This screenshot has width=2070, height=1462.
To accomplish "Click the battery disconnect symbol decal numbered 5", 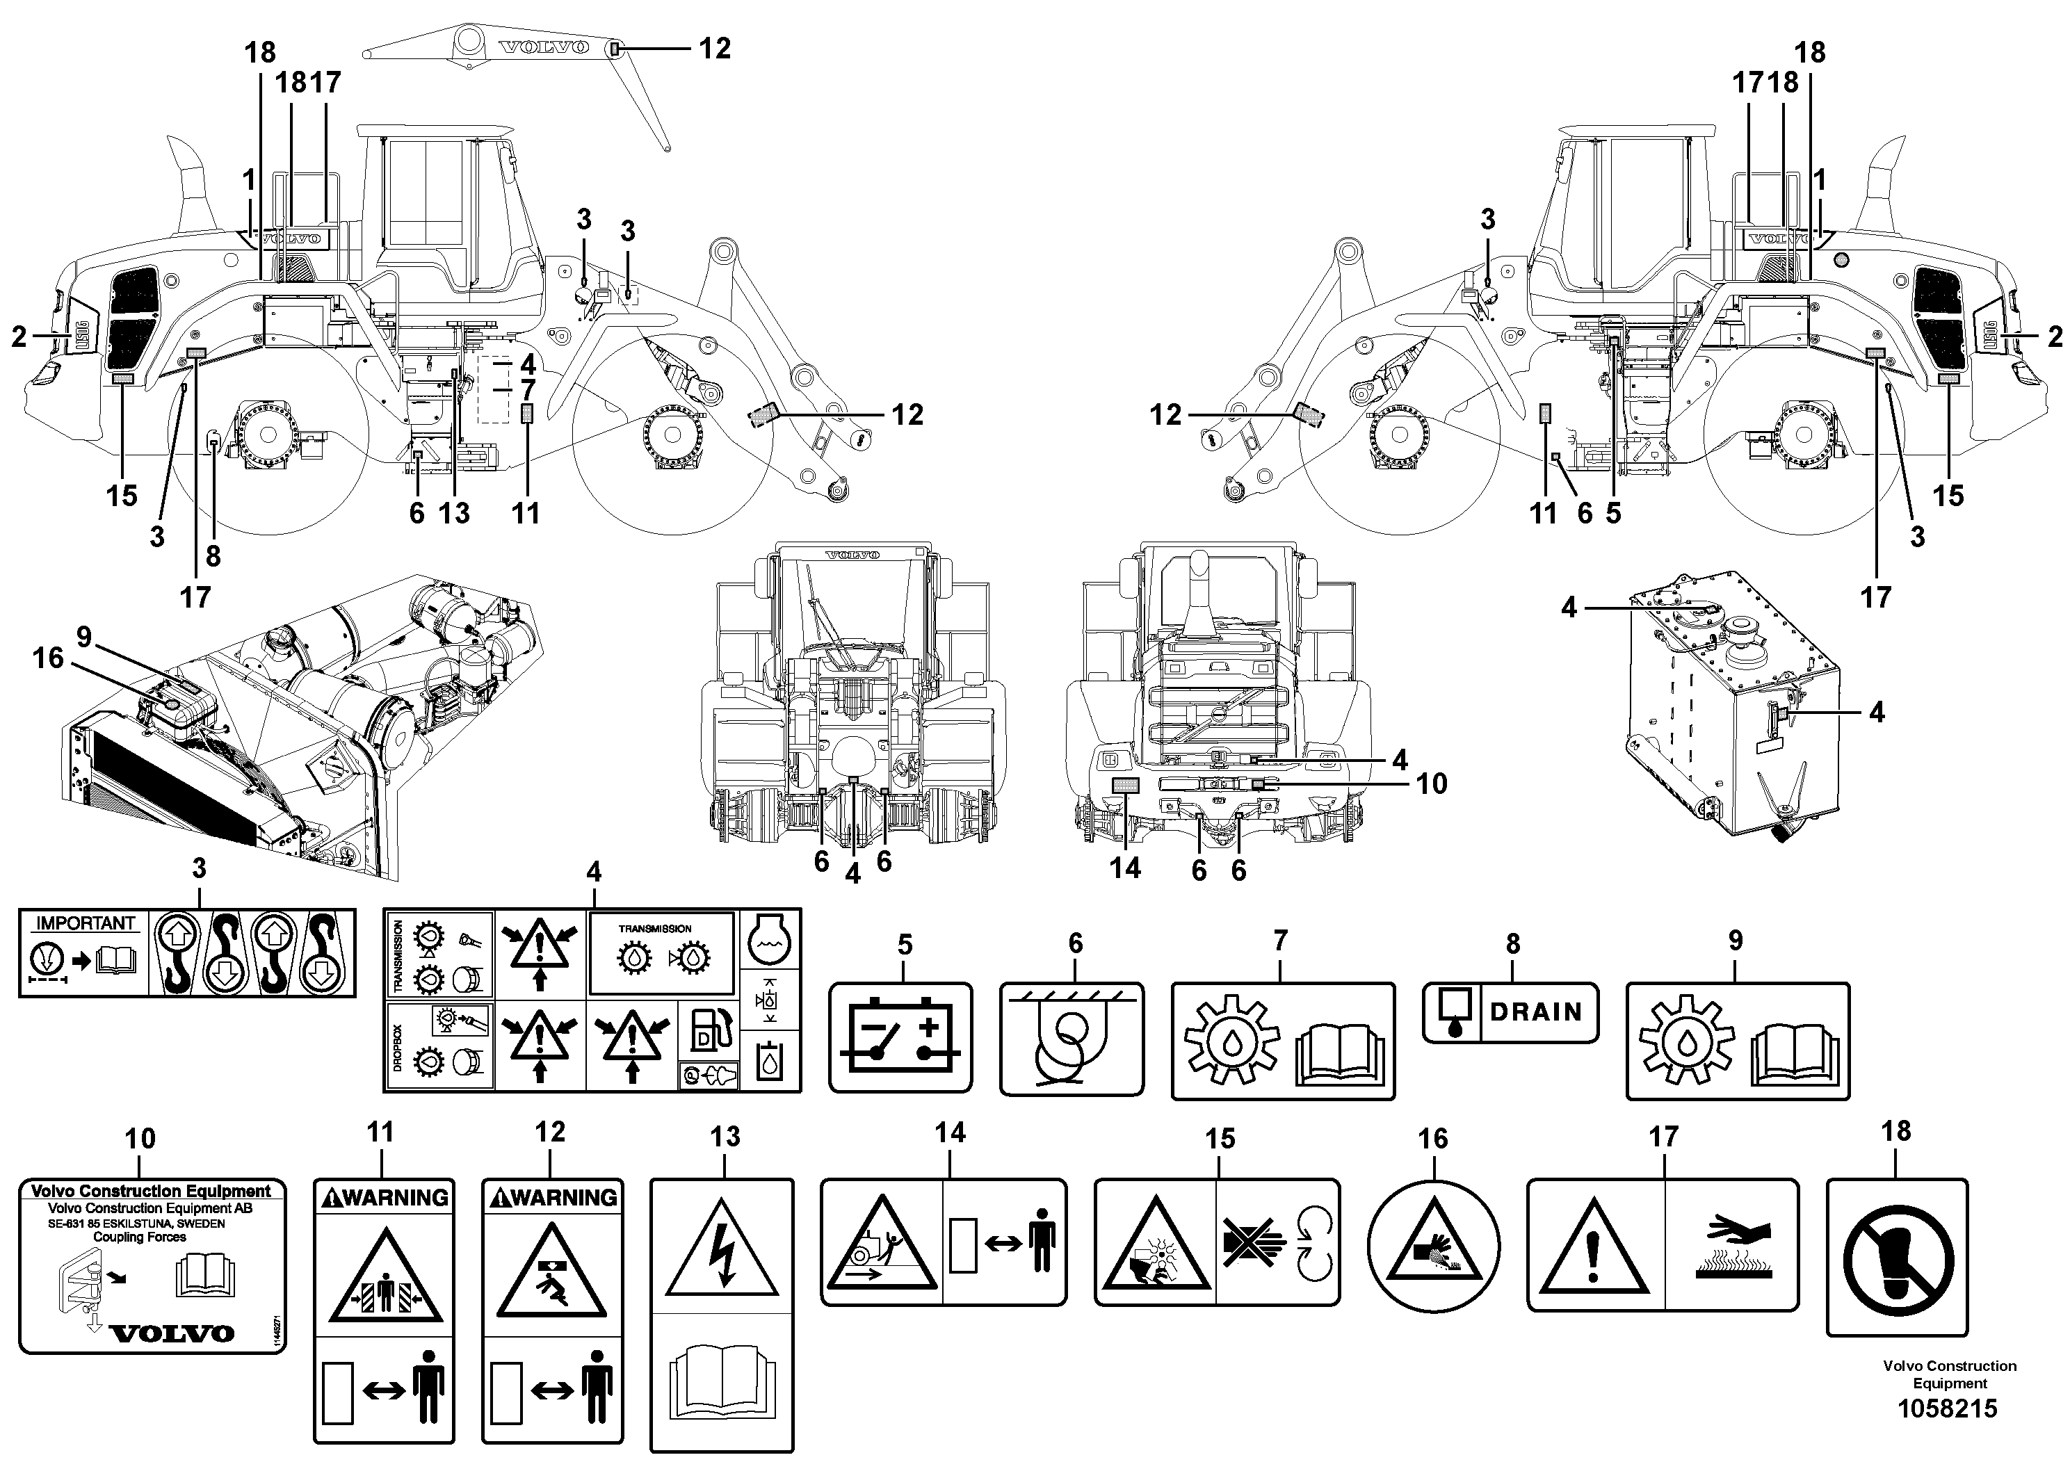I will coord(900,1037).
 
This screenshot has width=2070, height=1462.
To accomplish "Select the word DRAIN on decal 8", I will coord(1535,1012).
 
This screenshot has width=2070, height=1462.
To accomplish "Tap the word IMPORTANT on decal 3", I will coord(85,923).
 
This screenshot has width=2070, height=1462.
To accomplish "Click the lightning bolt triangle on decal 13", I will coord(721,1249).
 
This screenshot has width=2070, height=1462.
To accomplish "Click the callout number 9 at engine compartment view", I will coord(84,637).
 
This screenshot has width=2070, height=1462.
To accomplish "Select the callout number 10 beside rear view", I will coord(1431,783).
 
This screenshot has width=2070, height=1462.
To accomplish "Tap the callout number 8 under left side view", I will coord(213,555).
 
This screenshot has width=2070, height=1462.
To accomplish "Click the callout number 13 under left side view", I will coord(453,513).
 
